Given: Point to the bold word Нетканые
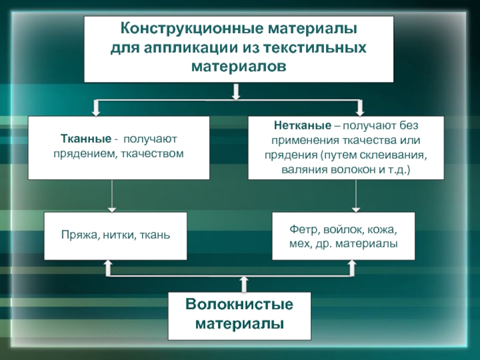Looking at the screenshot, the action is pyautogui.click(x=293, y=127).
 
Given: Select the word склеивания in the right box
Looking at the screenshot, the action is pyautogui.click(x=394, y=155).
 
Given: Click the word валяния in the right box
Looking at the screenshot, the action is pyautogui.click(x=303, y=169).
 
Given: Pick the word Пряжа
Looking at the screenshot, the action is pyautogui.click(x=76, y=235).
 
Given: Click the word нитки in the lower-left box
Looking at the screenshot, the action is pyautogui.click(x=118, y=235).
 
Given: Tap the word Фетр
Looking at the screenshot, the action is pyautogui.click(x=302, y=230).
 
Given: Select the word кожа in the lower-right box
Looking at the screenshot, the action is pyautogui.click(x=383, y=230).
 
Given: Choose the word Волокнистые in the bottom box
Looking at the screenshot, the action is pyautogui.click(x=238, y=305).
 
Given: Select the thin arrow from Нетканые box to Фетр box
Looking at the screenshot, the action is pyautogui.click(x=357, y=195).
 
